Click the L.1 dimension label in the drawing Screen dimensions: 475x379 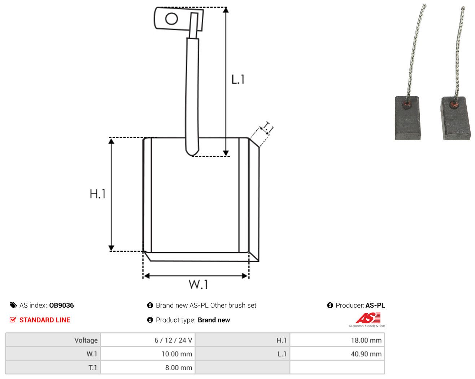tap(238, 80)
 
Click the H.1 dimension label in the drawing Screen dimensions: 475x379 tap(97, 194)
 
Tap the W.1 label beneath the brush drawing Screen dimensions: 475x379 tap(198, 284)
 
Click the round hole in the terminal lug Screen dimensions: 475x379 tap(171, 18)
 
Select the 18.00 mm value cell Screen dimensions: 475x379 tap(337, 340)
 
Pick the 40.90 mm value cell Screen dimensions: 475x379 tap(337, 354)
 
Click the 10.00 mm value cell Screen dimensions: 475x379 tap(147, 354)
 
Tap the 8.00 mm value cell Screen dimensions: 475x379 tap(147, 367)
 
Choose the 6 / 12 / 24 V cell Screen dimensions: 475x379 tap(147, 340)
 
